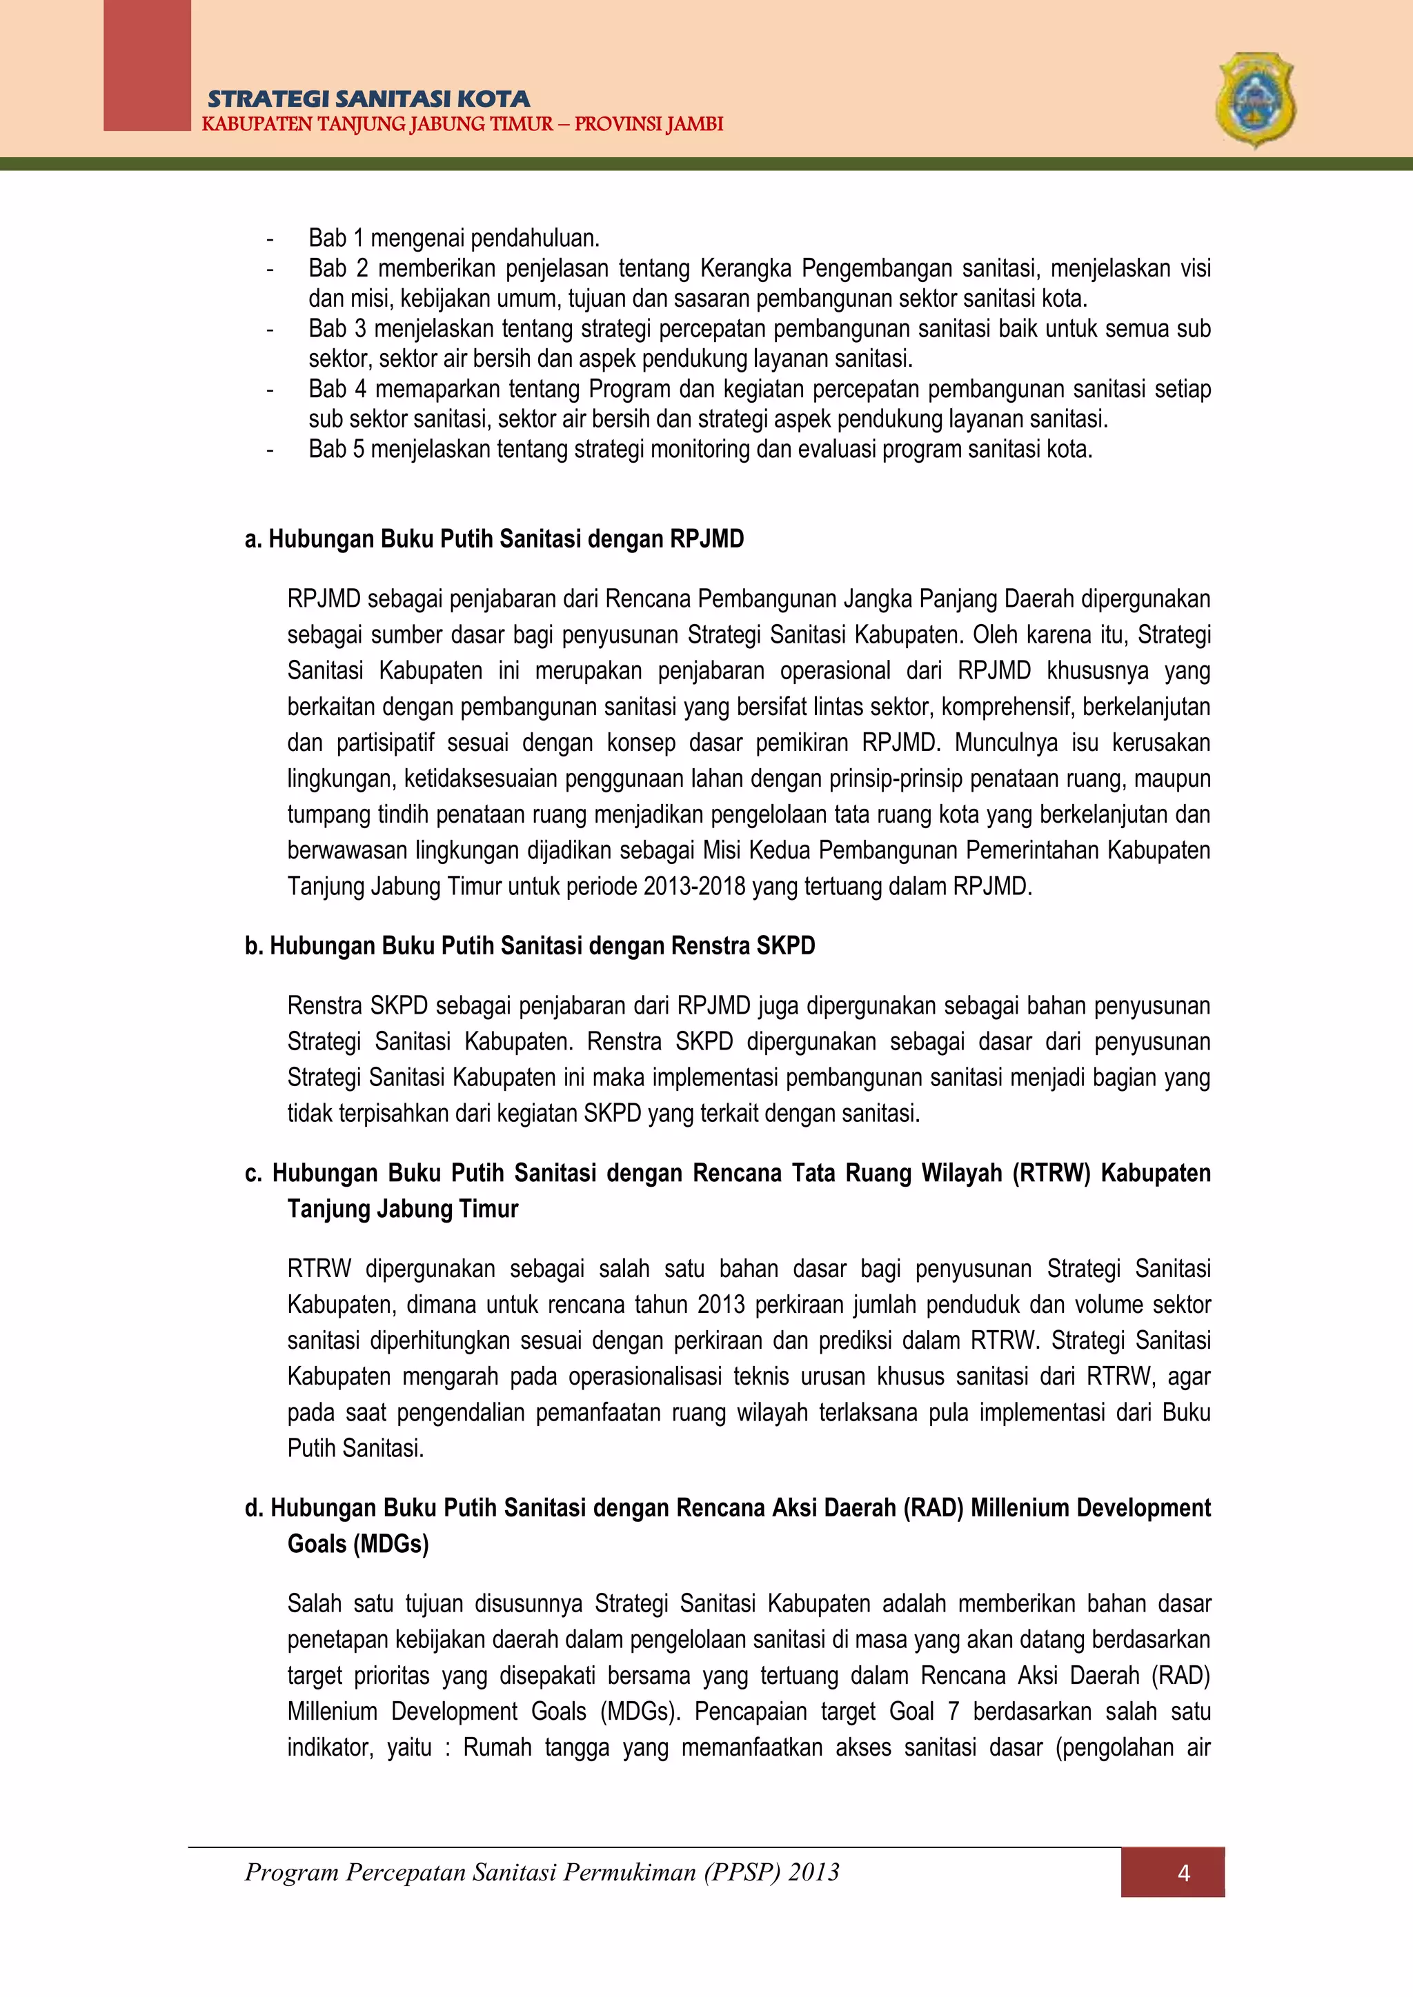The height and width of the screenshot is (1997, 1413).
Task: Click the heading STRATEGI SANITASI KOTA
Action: (368, 99)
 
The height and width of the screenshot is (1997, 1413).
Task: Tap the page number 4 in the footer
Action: (1183, 1873)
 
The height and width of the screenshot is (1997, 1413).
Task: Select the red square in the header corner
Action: (146, 66)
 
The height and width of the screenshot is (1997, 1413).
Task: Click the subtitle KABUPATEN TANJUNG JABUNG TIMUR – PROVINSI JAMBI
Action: (462, 124)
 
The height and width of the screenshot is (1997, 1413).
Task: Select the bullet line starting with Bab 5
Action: (700, 449)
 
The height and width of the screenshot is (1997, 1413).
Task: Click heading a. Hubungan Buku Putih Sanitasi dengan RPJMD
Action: (494, 539)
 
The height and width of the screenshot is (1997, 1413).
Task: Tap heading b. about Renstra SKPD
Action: (530, 945)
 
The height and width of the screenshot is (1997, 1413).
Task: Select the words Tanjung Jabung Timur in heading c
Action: (403, 1209)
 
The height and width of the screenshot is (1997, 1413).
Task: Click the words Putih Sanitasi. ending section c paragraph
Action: (355, 1448)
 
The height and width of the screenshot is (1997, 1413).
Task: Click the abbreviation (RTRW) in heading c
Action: (1050, 1174)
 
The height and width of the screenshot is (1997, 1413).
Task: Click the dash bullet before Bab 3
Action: (270, 329)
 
